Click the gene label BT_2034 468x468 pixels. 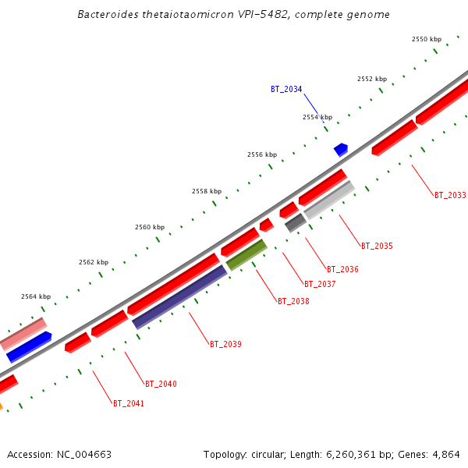286,89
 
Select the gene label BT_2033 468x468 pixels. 450,195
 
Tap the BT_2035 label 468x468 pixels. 377,246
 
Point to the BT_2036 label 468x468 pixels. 342,270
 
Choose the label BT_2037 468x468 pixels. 320,284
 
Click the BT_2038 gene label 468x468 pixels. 293,301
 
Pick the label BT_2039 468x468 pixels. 225,344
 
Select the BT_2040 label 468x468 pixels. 161,384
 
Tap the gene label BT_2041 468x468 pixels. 129,404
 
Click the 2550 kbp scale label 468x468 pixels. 427,39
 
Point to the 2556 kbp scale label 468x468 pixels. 262,154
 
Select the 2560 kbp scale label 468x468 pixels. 150,227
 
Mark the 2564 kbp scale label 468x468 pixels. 35,296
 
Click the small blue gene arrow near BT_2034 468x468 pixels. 341,149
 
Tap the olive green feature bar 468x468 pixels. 246,255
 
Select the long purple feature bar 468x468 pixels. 179,297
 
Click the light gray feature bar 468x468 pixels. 329,200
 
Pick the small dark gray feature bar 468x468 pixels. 296,223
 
